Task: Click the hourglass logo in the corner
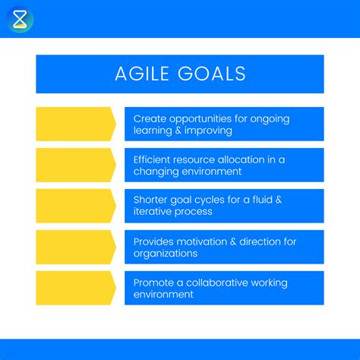pos(20,19)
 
